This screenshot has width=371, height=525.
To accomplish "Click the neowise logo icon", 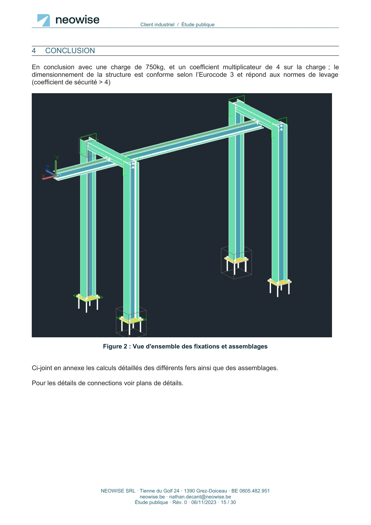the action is [x=44, y=20].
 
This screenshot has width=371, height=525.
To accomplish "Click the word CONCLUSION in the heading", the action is [x=70, y=51].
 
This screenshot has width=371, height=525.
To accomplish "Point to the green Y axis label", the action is [x=57, y=157].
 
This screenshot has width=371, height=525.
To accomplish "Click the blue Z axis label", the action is [x=47, y=168].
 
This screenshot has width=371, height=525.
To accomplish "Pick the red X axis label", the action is [x=43, y=176].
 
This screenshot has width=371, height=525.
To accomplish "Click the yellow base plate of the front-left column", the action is [x=88, y=298].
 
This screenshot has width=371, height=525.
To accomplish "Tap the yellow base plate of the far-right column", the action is [x=280, y=282].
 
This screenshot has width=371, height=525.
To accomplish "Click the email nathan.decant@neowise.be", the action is [x=200, y=497].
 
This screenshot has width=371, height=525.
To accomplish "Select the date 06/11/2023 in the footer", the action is [x=204, y=502].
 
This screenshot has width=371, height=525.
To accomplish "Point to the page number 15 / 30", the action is [x=228, y=502].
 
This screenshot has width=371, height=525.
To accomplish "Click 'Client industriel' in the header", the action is [x=157, y=25].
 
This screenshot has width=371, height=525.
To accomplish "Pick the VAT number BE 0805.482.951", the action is [x=250, y=491].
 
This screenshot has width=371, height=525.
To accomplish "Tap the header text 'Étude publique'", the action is [x=198, y=25].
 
